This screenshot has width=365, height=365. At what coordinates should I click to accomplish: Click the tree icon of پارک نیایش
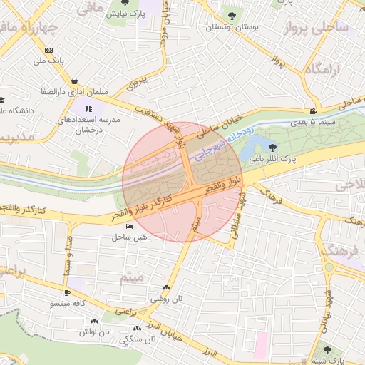coord(125,4)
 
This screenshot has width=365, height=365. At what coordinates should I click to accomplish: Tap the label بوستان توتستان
coord(230,27)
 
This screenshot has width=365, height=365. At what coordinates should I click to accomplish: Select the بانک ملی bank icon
coord(48,50)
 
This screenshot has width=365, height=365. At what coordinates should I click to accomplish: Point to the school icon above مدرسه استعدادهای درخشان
coord(88,108)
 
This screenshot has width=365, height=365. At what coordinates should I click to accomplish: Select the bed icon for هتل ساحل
coord(129,226)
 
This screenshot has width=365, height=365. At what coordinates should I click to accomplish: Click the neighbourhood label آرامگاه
coord(324,70)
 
